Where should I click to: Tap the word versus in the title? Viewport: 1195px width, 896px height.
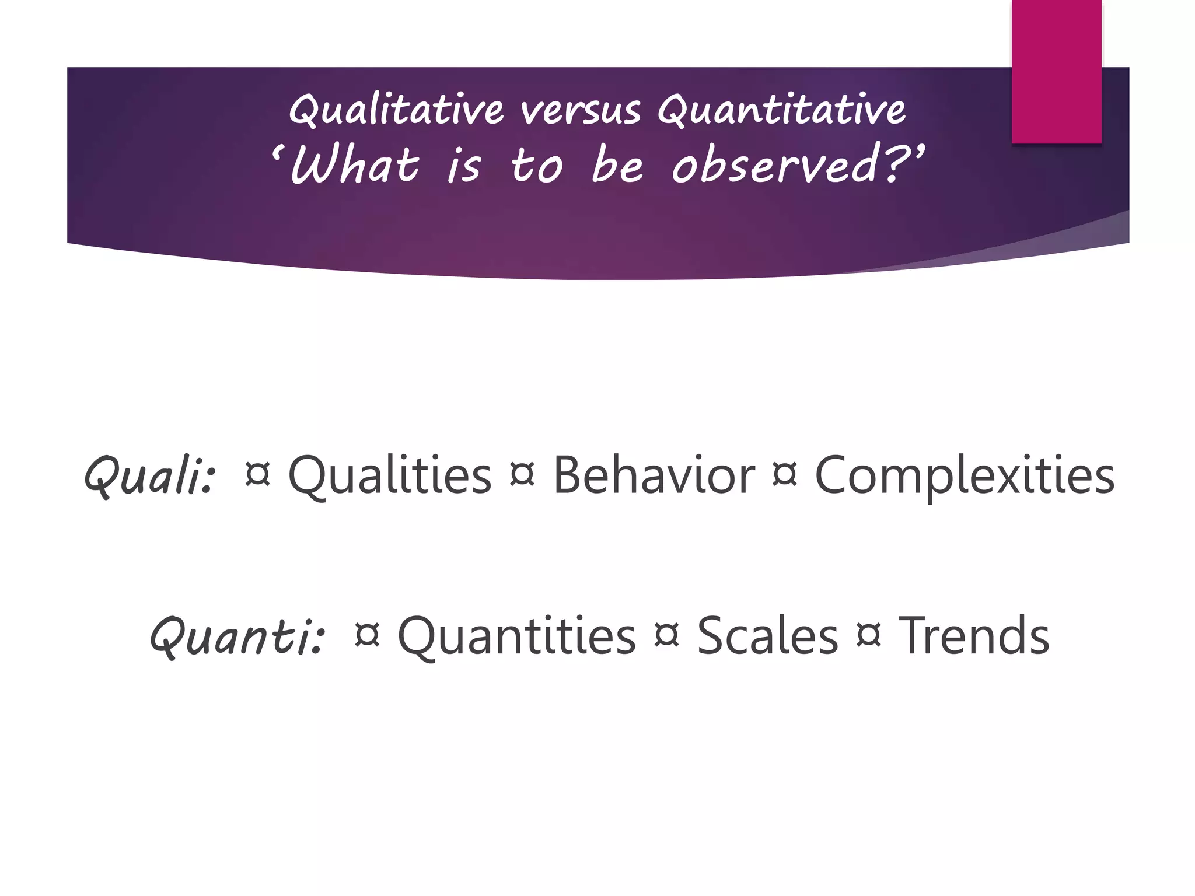(581, 110)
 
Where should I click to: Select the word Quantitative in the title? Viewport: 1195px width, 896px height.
(781, 110)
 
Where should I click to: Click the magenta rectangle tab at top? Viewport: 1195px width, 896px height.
(1056, 71)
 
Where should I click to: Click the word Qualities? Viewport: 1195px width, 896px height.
(390, 475)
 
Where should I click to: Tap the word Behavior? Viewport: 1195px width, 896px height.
(654, 475)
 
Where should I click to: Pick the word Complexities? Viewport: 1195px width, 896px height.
(964, 475)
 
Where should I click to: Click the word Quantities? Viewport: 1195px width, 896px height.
(516, 636)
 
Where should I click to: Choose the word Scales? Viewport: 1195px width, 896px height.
(767, 636)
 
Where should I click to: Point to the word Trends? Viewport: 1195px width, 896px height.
(974, 636)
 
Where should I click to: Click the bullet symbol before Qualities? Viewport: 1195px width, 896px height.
(258, 474)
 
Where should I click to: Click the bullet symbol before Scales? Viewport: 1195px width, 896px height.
(667, 635)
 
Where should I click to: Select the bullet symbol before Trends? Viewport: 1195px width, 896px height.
(868, 635)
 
